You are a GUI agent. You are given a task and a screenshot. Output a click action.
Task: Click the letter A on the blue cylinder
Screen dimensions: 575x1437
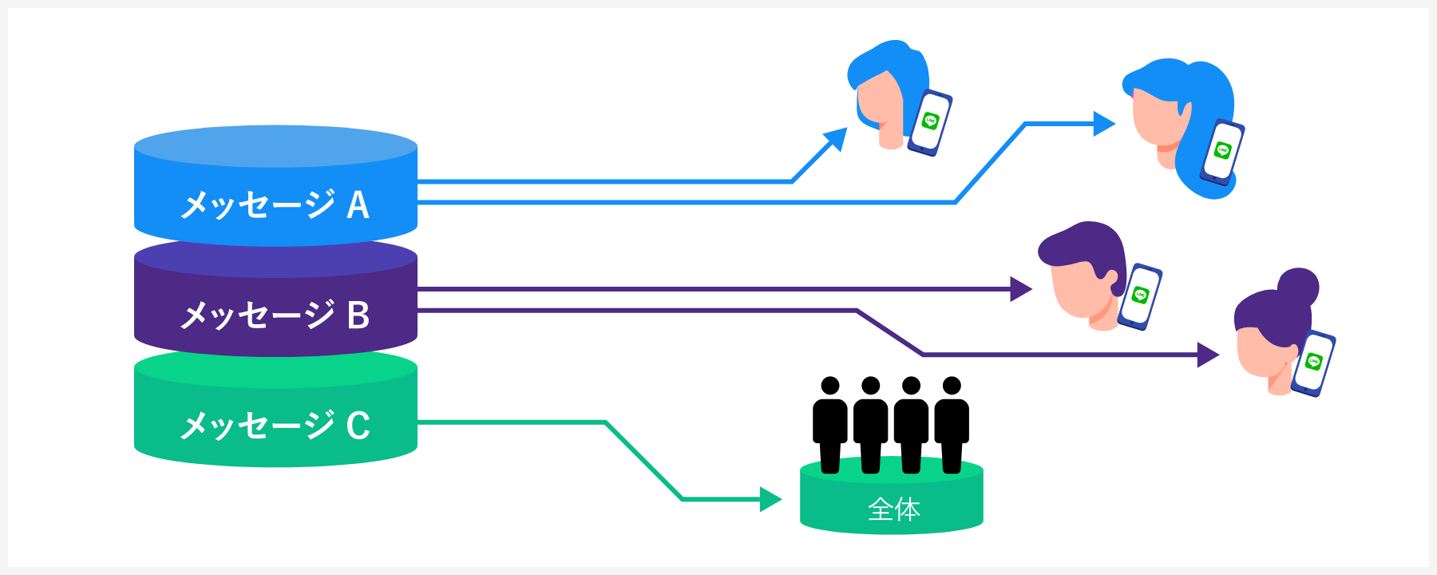pyautogui.click(x=358, y=205)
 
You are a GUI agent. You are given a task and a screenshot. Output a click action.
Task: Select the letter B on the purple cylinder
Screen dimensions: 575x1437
pyautogui.click(x=358, y=315)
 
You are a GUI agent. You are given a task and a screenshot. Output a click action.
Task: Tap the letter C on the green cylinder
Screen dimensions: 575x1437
pyautogui.click(x=358, y=425)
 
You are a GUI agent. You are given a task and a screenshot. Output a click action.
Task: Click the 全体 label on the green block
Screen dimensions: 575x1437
pyautogui.click(x=893, y=509)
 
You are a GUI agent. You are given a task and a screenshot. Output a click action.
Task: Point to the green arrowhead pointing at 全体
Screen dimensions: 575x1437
pyautogui.click(x=770, y=499)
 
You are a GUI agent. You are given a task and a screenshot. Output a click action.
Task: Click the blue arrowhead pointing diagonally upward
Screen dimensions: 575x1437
pyautogui.click(x=836, y=139)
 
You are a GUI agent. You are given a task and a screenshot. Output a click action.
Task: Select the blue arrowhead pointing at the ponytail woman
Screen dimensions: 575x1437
pyautogui.click(x=1104, y=124)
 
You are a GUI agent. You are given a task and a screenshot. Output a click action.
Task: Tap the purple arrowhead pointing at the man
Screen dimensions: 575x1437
pyautogui.click(x=1021, y=289)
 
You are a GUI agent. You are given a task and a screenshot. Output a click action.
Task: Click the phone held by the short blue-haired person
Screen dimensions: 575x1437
pyautogui.click(x=931, y=122)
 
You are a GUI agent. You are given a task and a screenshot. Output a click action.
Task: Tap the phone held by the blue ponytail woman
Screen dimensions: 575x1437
pyautogui.click(x=1221, y=152)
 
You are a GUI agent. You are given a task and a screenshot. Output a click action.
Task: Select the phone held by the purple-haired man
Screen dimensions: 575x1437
pyautogui.click(x=1140, y=295)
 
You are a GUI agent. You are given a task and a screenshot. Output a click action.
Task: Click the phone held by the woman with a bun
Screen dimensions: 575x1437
pyautogui.click(x=1313, y=363)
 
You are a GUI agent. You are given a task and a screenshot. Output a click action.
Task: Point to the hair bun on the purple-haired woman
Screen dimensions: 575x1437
pyautogui.click(x=1297, y=286)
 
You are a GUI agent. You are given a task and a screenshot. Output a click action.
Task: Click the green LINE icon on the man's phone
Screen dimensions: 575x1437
pyautogui.click(x=1140, y=295)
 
